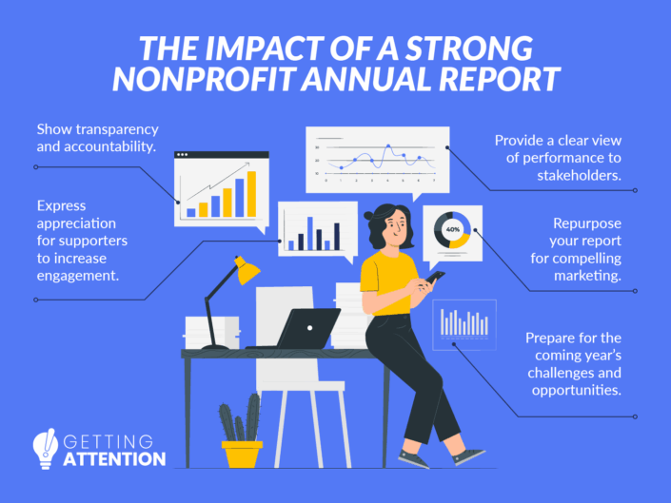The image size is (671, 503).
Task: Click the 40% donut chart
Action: click(452, 229)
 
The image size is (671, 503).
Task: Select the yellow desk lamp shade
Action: click(247, 271)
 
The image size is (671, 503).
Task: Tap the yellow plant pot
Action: click(242, 452)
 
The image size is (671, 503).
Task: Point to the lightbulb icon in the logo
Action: click(45, 445)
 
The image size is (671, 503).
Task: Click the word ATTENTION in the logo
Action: click(116, 458)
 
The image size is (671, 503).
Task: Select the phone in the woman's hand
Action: click(435, 278)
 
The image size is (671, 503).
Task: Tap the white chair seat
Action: click(300, 385)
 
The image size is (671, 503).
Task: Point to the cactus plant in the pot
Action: click(239, 420)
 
